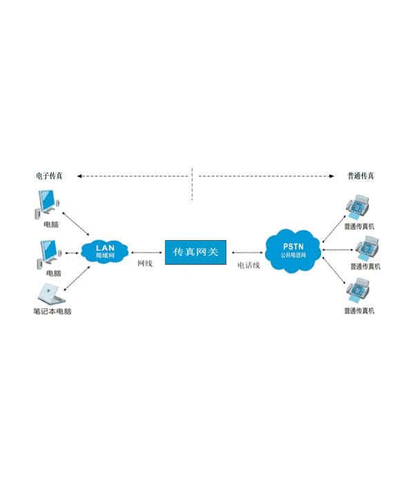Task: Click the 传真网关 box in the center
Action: [x=195, y=253]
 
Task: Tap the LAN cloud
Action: [x=105, y=251]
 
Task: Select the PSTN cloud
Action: [x=293, y=251]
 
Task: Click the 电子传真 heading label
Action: [x=49, y=176]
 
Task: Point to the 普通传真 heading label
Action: [x=361, y=176]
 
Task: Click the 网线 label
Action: [x=145, y=264]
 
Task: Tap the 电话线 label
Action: [x=248, y=265]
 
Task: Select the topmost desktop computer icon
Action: [x=47, y=204]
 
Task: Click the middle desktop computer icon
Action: [x=49, y=254]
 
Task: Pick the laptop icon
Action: [x=52, y=293]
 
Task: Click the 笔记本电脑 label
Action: [x=52, y=311]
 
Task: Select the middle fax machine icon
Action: [x=367, y=248]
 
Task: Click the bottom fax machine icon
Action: [x=357, y=290]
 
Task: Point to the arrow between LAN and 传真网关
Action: [x=146, y=253]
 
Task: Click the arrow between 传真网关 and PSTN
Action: [x=247, y=253]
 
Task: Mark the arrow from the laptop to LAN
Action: [x=77, y=279]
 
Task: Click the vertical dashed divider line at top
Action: [x=192, y=184]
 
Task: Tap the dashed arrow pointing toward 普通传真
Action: [x=266, y=176]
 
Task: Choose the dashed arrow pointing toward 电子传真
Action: [x=132, y=176]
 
